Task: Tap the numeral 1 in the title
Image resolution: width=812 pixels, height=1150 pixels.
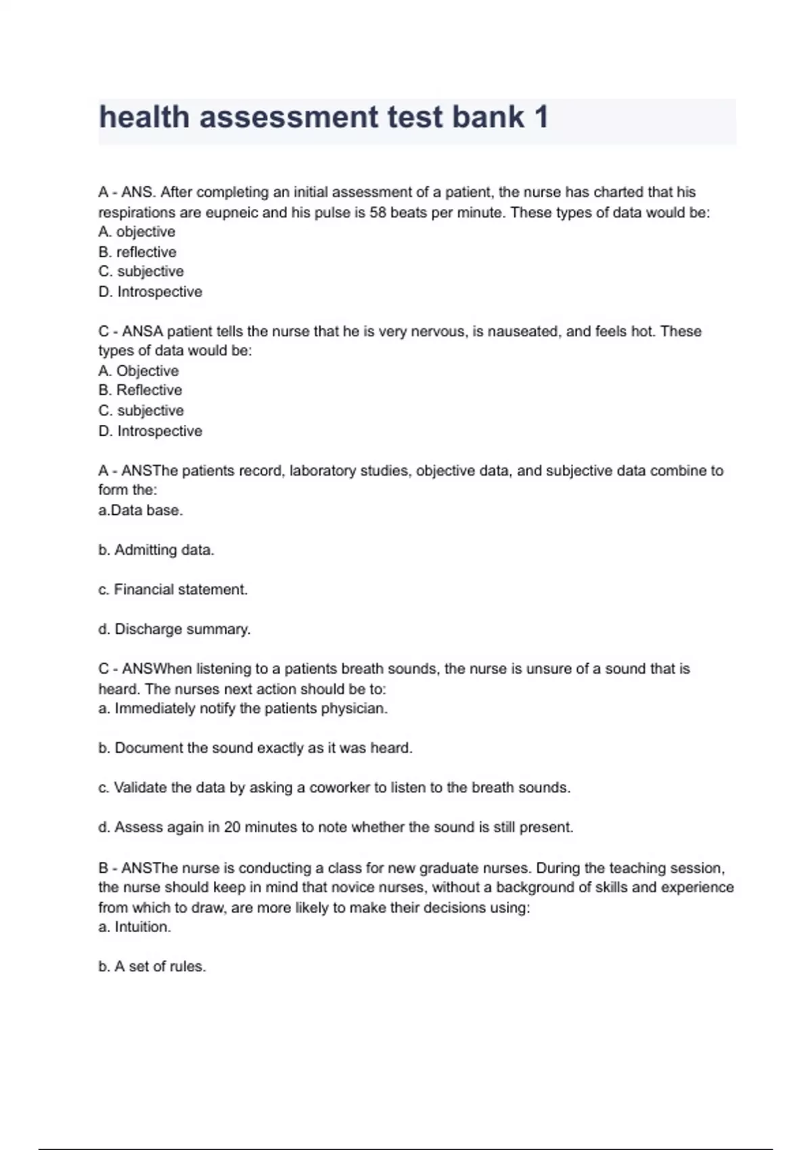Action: point(541,117)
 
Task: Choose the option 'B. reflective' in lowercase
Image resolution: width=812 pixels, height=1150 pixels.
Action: point(137,252)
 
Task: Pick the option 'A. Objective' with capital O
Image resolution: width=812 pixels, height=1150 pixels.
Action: point(139,371)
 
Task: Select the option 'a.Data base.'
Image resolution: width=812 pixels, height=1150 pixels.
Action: point(141,510)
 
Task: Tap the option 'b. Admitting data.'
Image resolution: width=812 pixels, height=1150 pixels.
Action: point(156,550)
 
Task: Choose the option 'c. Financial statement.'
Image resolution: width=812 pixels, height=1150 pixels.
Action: point(173,589)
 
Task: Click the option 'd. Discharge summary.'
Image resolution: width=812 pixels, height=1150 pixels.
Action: point(175,629)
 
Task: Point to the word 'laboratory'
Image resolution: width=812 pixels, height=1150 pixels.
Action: point(322,471)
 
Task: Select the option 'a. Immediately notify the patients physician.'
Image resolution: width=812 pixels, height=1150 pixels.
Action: point(243,708)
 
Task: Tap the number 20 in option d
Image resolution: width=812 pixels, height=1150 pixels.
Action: point(232,827)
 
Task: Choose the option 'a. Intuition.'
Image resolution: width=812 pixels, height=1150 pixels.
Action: point(135,927)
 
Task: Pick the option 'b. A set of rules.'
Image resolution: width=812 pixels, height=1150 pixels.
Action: point(152,967)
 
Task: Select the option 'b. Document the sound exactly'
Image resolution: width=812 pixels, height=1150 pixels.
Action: point(255,748)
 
